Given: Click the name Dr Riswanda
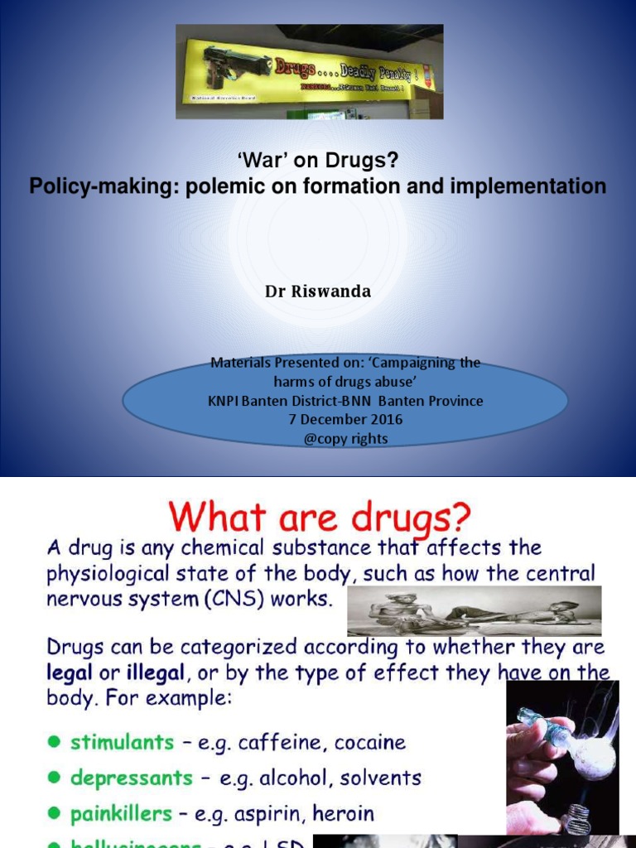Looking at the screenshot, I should click(x=317, y=291).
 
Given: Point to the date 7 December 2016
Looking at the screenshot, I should click(x=345, y=419).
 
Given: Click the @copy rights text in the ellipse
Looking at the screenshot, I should click(x=345, y=438).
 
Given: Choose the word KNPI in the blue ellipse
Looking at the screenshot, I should click(x=224, y=401).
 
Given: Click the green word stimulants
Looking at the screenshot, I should click(x=123, y=742).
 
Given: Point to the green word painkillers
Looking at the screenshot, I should click(x=121, y=814).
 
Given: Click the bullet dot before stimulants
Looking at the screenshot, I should click(x=54, y=743).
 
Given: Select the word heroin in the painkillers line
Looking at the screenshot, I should click(x=345, y=814).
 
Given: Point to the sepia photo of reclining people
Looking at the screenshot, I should click(x=474, y=611).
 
